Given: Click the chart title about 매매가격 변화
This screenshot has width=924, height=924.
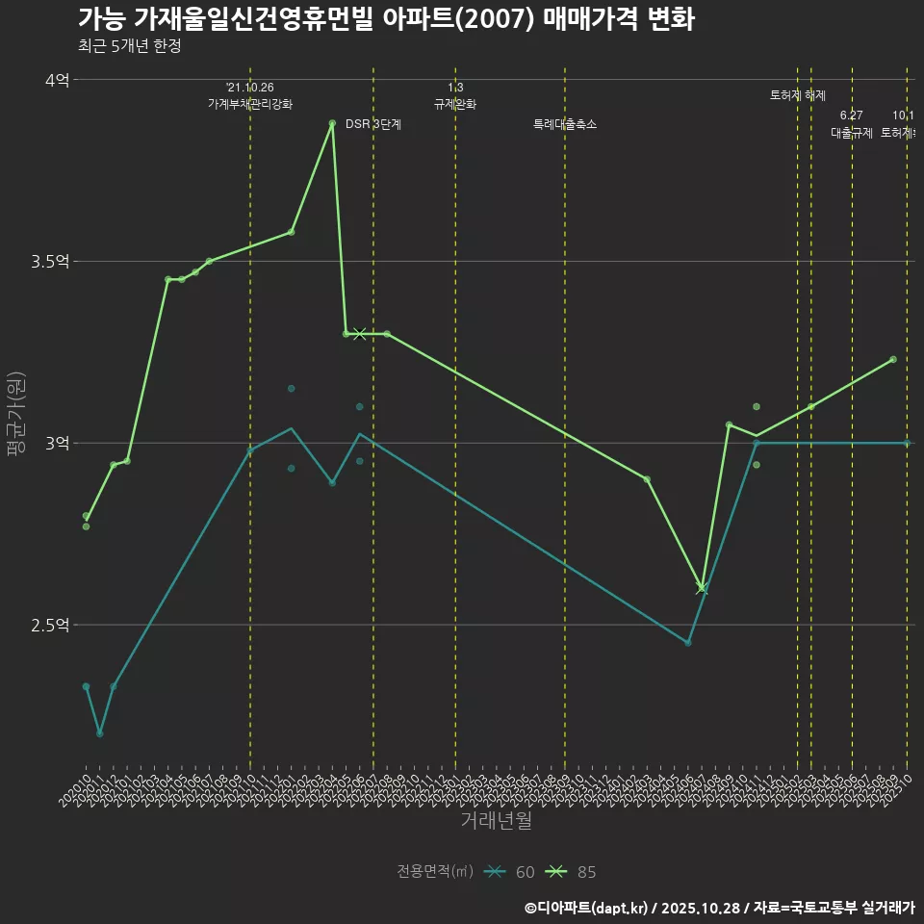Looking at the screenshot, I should (x=385, y=19).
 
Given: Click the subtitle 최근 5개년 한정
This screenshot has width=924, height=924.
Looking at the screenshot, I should (x=129, y=45).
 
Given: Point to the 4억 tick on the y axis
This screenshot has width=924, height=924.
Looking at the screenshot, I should (x=58, y=80).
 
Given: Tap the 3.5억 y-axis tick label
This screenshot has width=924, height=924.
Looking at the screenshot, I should (x=50, y=262).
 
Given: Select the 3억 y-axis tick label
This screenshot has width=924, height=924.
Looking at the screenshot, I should (x=58, y=444).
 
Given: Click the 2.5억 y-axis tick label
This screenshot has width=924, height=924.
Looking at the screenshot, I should (x=50, y=626).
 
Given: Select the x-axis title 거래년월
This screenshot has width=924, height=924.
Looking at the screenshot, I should (x=496, y=821).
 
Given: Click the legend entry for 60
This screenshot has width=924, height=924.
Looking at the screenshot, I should (x=510, y=872).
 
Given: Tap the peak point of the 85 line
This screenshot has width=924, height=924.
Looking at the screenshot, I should (x=332, y=123).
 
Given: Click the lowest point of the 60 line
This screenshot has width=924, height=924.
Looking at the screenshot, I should (x=99, y=733).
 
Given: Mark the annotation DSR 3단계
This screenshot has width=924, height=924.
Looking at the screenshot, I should (x=373, y=124).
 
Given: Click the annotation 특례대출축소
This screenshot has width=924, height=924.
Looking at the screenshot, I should (x=565, y=124).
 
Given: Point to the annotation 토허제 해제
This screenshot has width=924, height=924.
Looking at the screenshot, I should (x=798, y=95).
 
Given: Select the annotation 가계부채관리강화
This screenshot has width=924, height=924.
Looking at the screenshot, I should (x=250, y=104).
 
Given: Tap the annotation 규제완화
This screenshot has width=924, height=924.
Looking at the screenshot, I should (x=455, y=104).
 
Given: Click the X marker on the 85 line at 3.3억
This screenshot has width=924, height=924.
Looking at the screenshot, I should (x=360, y=334).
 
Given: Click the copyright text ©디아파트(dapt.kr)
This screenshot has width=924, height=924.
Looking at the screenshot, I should (x=587, y=908).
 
